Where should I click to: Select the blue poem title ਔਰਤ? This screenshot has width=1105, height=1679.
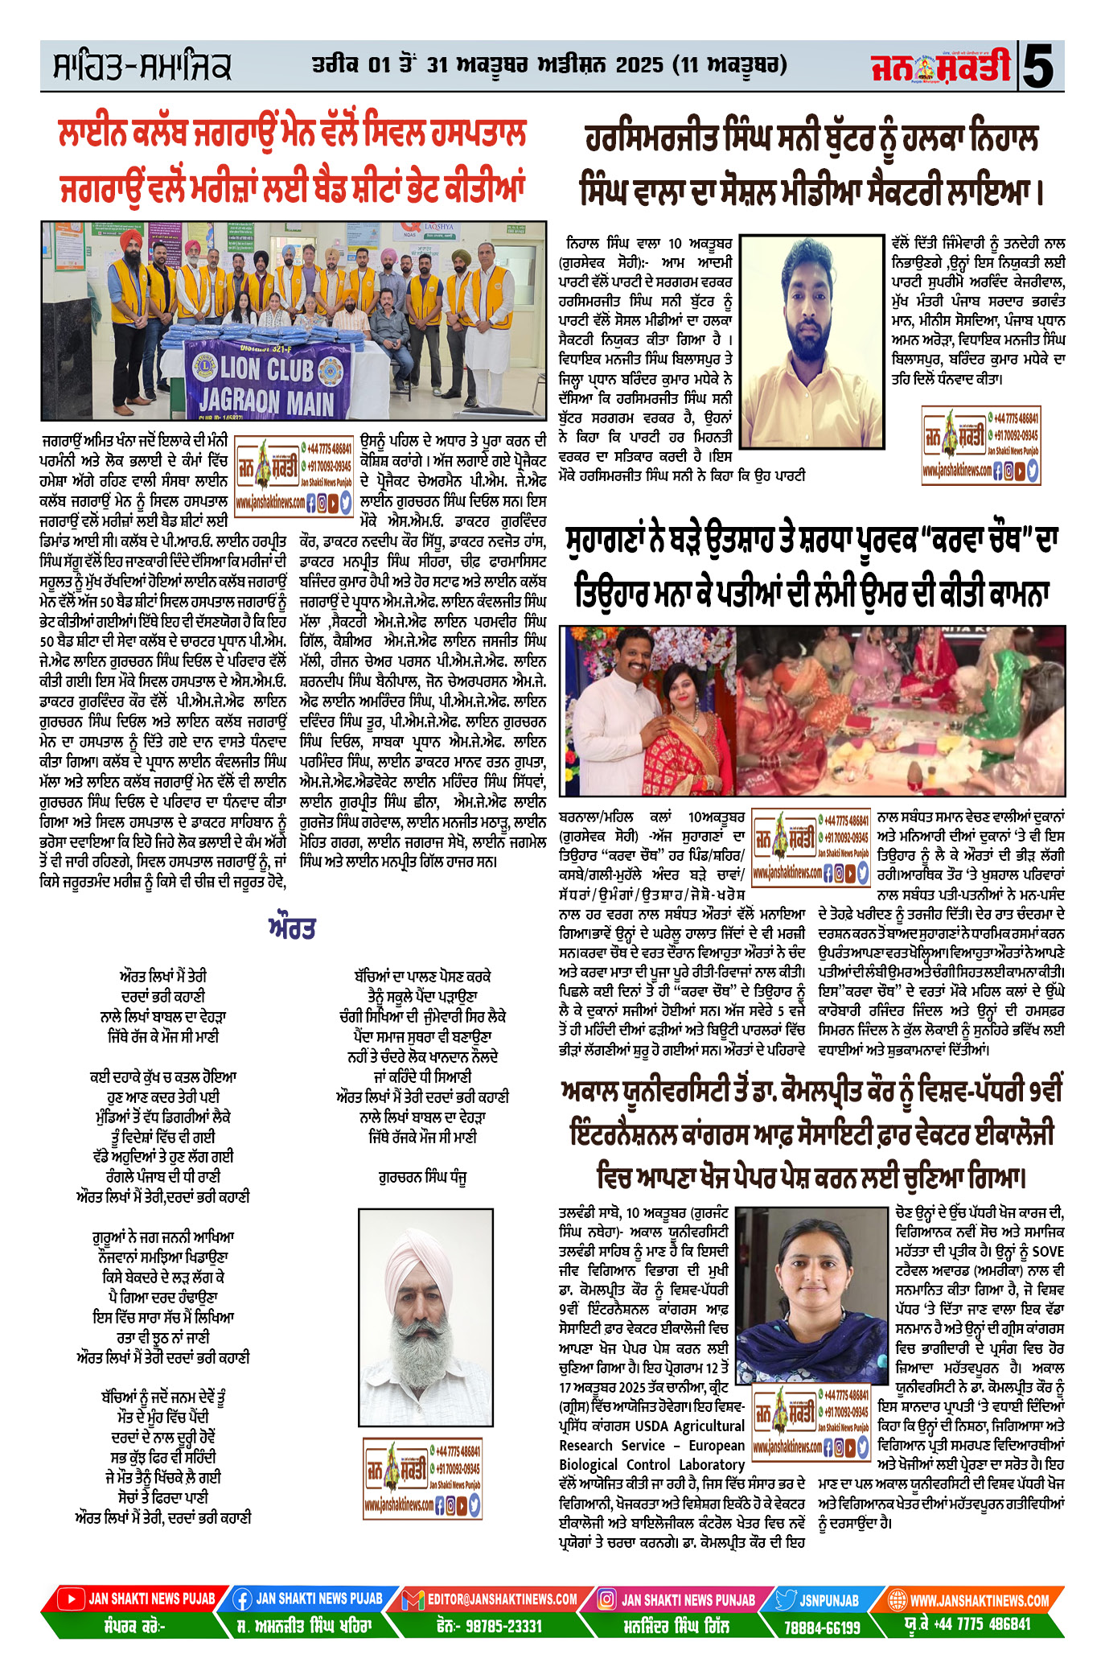coord(292,928)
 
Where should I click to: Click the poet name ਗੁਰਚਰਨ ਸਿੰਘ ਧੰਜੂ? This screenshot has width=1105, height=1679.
coord(422,1177)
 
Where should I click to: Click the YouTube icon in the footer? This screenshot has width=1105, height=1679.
coord(72,1599)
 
